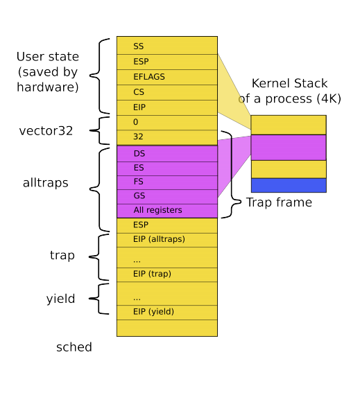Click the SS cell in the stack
[x=166, y=45]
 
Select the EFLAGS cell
[x=166, y=76]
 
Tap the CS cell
[x=166, y=91]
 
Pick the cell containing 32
[x=166, y=137]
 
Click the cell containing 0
[x=166, y=122]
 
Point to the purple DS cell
[x=166, y=153]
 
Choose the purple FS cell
[x=166, y=182]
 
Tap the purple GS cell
[x=166, y=195]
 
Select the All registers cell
[x=166, y=210]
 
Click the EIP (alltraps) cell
[x=166, y=239]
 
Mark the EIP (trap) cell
[x=166, y=274]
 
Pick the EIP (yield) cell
[x=166, y=311]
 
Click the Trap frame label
[x=279, y=202]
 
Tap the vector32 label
[x=46, y=130]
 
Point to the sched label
[x=74, y=347]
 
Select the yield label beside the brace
[x=60, y=299]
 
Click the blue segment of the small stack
[x=288, y=185]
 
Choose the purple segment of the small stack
[x=288, y=147]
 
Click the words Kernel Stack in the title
[x=290, y=83]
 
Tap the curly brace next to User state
[x=103, y=76]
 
